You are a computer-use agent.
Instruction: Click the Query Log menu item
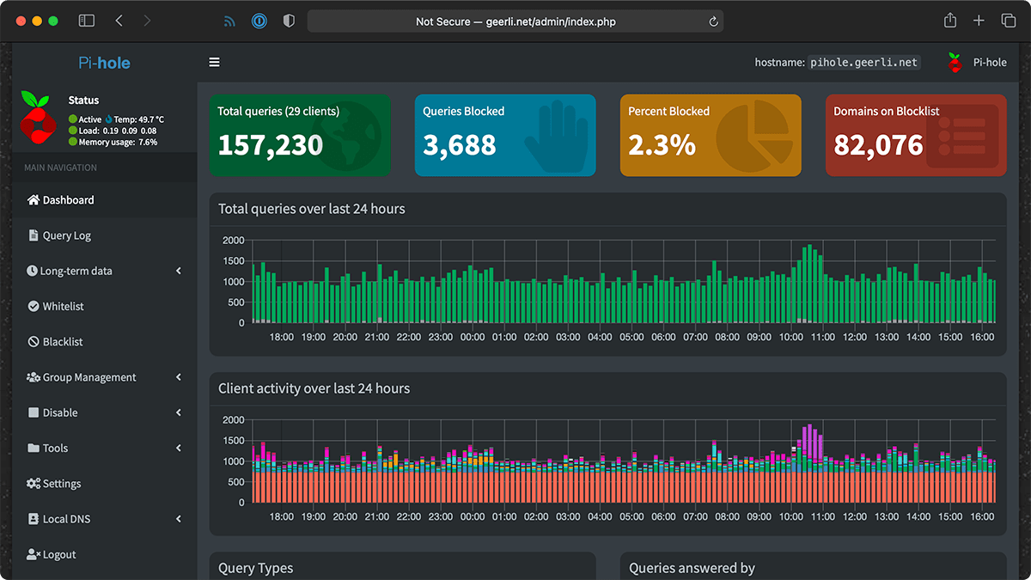pos(66,235)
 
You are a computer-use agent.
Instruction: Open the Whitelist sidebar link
pos(63,306)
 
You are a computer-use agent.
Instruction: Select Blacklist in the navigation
pos(63,341)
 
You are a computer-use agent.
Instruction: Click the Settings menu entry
pos(61,484)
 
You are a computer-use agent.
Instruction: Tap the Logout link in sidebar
pos(58,554)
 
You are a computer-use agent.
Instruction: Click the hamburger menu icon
pos(214,62)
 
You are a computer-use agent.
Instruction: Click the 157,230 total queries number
pos(270,144)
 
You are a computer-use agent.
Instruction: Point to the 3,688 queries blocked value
pos(460,144)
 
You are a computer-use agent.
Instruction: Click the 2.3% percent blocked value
pos(662,144)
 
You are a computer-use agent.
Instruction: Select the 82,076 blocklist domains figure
pos(878,144)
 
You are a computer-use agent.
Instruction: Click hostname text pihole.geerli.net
pos(864,62)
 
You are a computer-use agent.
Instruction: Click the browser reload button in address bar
pos(713,21)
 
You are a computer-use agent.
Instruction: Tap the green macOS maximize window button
pos(53,21)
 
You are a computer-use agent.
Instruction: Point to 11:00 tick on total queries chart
pos(822,338)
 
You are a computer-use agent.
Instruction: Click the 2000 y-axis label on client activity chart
pos(233,419)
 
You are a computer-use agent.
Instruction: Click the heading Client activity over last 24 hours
pos(314,388)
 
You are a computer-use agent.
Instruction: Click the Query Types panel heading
pos(255,568)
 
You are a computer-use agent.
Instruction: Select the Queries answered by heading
pos(692,568)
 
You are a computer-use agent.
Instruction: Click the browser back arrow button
pos(119,21)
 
